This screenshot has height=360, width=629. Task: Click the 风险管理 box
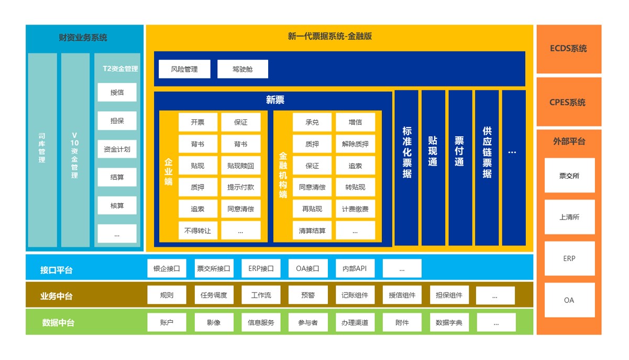point(184,69)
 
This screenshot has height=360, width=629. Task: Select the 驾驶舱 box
point(242,69)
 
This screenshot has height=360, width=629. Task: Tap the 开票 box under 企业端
point(197,122)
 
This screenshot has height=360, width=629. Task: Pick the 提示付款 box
point(240,187)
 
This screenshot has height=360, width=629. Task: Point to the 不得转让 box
point(197,231)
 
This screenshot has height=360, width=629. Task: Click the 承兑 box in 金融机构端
point(312,122)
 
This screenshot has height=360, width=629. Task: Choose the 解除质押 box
point(355,144)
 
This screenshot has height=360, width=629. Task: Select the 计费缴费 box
point(355,209)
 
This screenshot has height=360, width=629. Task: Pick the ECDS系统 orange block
point(569,49)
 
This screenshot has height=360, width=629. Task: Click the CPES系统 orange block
point(569,103)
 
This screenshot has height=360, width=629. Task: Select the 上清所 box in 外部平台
point(569,217)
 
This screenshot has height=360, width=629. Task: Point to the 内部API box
point(355,269)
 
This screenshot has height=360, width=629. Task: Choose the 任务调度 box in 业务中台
point(214,295)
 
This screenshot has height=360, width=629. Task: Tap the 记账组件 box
point(355,295)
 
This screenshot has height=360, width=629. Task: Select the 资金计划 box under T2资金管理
point(117,149)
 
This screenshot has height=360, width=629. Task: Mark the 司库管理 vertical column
point(42,149)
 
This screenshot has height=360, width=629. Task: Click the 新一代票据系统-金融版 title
point(330,37)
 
